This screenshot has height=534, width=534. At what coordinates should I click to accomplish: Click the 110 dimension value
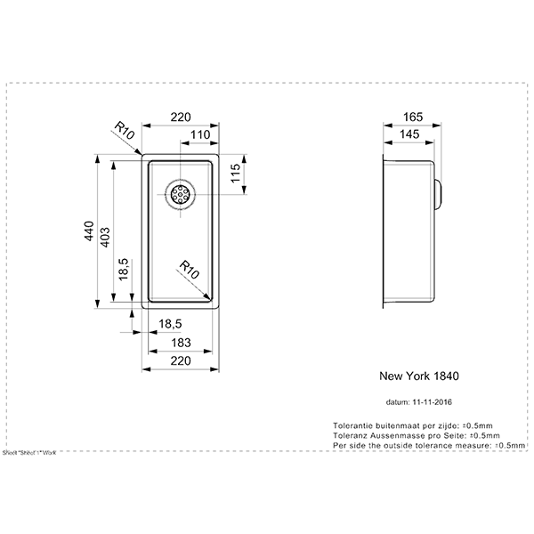[199, 135]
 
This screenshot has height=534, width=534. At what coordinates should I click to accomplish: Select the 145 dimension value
[411, 134]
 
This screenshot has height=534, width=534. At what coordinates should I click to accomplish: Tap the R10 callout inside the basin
[188, 266]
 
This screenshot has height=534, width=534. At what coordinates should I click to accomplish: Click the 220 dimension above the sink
[181, 117]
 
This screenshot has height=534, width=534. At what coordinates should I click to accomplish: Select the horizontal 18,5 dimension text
[170, 323]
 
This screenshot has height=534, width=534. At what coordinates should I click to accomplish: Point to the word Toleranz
[349, 435]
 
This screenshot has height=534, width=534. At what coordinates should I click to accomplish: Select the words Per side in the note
[346, 445]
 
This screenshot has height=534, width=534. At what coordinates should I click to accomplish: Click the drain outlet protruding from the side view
[439, 192]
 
